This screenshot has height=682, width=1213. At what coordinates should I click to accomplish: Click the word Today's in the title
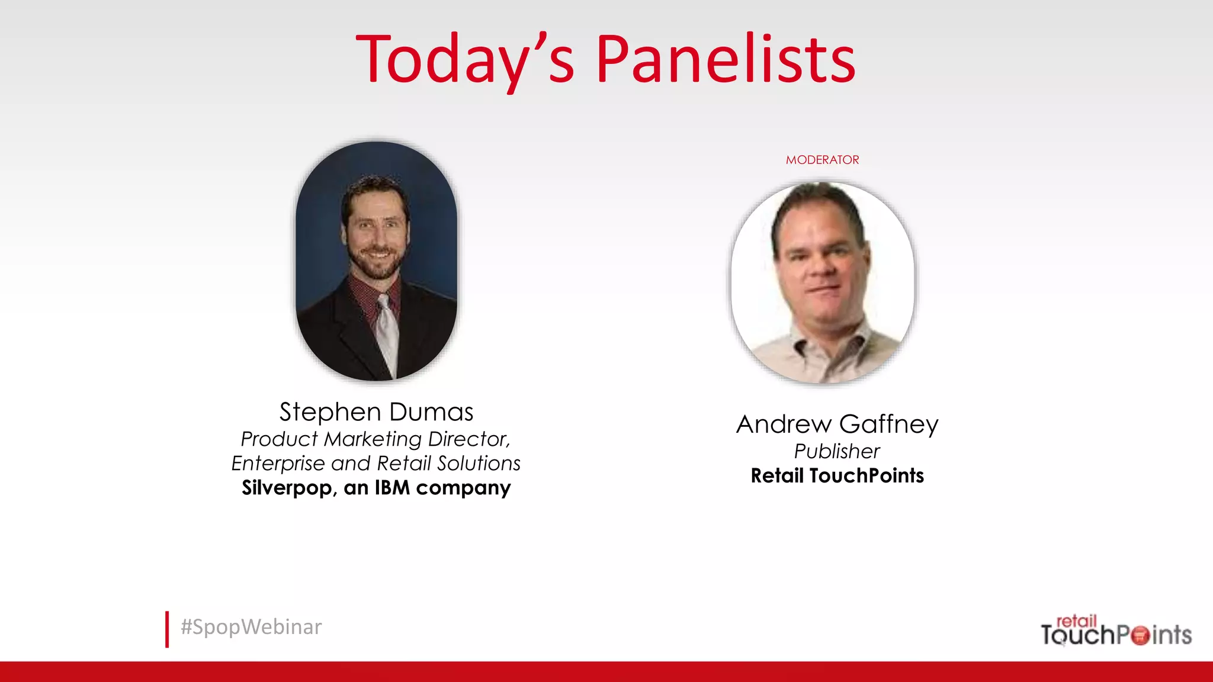(x=466, y=59)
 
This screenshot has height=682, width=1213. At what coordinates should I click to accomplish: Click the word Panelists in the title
(x=726, y=59)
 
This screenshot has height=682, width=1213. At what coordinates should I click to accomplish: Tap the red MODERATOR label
(x=822, y=160)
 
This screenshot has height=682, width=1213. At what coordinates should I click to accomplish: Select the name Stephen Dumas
(x=376, y=412)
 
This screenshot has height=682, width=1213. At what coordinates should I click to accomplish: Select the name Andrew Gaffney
(x=837, y=424)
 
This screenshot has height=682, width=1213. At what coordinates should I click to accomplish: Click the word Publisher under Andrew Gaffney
(x=837, y=451)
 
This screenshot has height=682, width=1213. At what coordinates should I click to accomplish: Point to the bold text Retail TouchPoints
(x=837, y=476)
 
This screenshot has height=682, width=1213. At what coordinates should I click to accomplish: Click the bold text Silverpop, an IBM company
(x=376, y=488)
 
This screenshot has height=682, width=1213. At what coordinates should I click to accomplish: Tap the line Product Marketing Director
(x=376, y=439)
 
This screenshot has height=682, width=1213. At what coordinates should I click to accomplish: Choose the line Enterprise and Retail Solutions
(x=376, y=463)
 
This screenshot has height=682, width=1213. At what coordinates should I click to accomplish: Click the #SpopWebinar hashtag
(x=251, y=627)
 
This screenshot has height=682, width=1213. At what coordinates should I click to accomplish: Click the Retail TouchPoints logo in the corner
(x=1116, y=631)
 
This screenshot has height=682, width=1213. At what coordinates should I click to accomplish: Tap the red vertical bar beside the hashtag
(x=167, y=629)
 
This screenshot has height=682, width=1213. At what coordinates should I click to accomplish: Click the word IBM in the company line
(x=392, y=488)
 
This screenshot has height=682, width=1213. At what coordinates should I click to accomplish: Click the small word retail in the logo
(x=1076, y=621)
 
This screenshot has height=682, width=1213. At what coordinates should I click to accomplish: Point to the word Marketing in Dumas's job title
(x=373, y=439)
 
